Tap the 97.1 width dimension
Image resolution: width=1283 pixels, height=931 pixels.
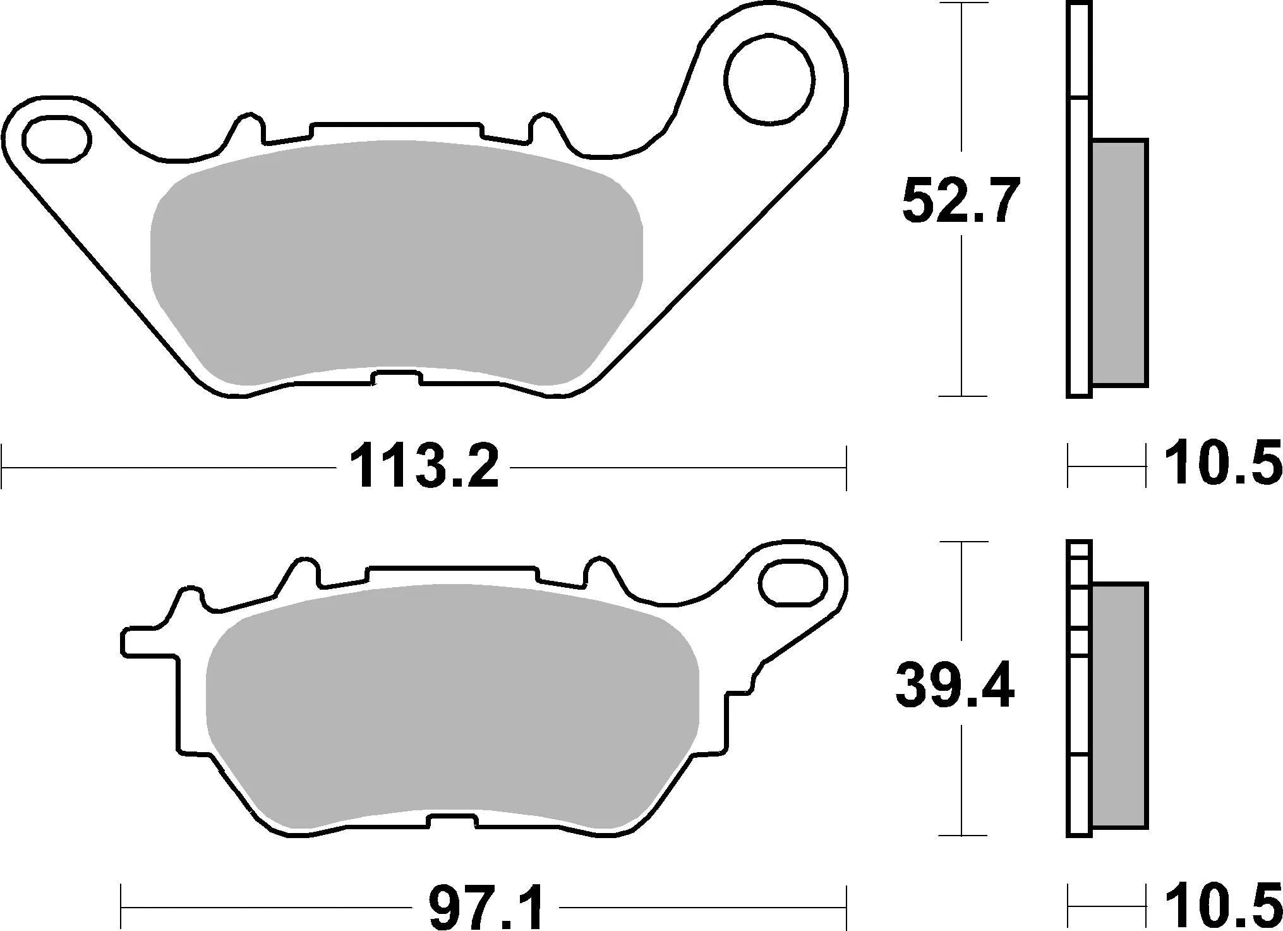pos(486,908)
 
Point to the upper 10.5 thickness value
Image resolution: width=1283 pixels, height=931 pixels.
pos(1217,465)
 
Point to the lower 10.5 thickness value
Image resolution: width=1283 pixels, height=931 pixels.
pos(1217,906)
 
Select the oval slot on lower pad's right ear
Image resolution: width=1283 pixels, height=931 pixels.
pos(793,583)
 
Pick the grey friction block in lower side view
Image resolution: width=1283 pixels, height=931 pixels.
pos(1119,705)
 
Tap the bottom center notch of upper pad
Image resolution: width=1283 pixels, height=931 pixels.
pos(397,378)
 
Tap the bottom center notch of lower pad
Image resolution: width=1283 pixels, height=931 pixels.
pos(452,822)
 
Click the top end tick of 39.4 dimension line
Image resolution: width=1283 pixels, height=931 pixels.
pos(961,542)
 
